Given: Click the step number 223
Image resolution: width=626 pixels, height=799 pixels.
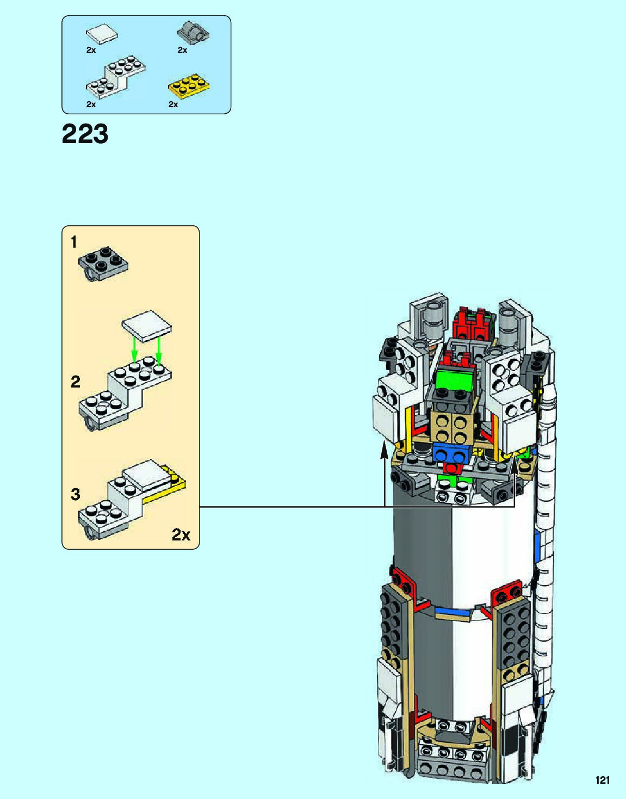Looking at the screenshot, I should point(85,134).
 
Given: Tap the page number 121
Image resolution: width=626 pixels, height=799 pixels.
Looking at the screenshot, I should point(602,780).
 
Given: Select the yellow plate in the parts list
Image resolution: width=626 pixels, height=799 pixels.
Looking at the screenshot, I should point(189,86).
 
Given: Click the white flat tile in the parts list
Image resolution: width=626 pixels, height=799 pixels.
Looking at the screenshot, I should point(102,34).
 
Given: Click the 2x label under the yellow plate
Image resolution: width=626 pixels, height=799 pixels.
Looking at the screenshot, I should point(173,105).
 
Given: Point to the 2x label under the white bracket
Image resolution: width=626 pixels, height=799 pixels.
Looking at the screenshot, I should point(91,105).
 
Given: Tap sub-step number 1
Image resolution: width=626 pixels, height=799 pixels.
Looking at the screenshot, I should point(74,242).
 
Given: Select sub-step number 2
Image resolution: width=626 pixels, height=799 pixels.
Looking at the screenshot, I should point(75,382).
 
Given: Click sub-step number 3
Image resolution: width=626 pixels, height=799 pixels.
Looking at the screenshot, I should point(75,494).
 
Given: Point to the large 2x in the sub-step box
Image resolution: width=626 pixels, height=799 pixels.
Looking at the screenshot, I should point(181,534).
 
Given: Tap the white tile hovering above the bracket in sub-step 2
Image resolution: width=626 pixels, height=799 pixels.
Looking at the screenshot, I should point(146,326).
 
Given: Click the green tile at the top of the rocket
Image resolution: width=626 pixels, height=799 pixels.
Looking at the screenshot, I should point(456,379).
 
